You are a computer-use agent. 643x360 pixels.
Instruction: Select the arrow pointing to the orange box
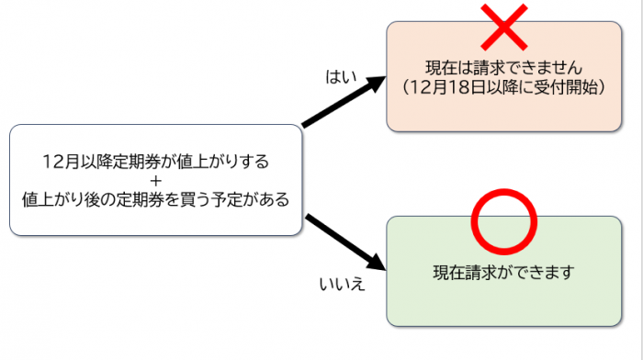342,102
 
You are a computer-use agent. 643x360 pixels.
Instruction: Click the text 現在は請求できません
503,67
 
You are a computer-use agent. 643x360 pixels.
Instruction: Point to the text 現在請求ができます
502,272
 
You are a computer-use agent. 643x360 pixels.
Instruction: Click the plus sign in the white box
155,180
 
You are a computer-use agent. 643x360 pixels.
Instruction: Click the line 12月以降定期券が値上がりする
155,162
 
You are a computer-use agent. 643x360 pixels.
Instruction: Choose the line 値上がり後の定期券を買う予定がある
155,197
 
